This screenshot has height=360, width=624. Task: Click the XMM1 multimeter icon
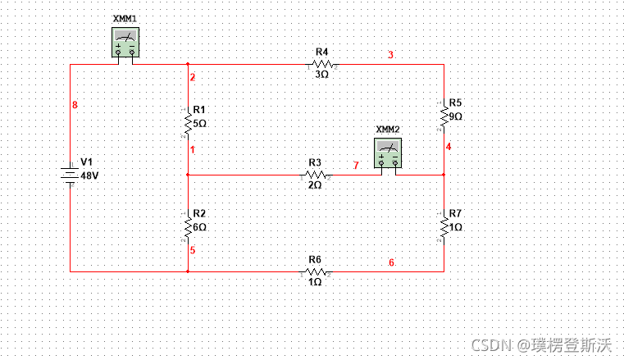[x=125, y=42]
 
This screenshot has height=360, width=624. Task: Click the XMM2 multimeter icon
[x=388, y=153]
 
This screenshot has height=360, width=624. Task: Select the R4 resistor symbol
[x=321, y=63]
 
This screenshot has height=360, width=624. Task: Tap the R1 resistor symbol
[x=188, y=121]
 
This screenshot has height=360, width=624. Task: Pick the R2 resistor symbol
[x=188, y=224]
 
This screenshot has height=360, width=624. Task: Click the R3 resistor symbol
[x=315, y=175]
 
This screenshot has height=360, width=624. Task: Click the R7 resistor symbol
[x=444, y=224]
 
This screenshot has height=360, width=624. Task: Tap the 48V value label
[x=89, y=175]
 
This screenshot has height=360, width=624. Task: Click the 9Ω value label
[x=457, y=116]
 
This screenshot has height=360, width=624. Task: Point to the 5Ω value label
[x=200, y=123]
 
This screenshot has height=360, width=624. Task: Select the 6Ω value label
[x=200, y=226]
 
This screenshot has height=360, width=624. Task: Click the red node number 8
[x=75, y=105]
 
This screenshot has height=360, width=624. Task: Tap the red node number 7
[x=356, y=166]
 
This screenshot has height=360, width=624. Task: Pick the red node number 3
[x=391, y=55]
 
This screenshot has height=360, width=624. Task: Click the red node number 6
[x=391, y=263]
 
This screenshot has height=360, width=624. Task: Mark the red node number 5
[x=193, y=250]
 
